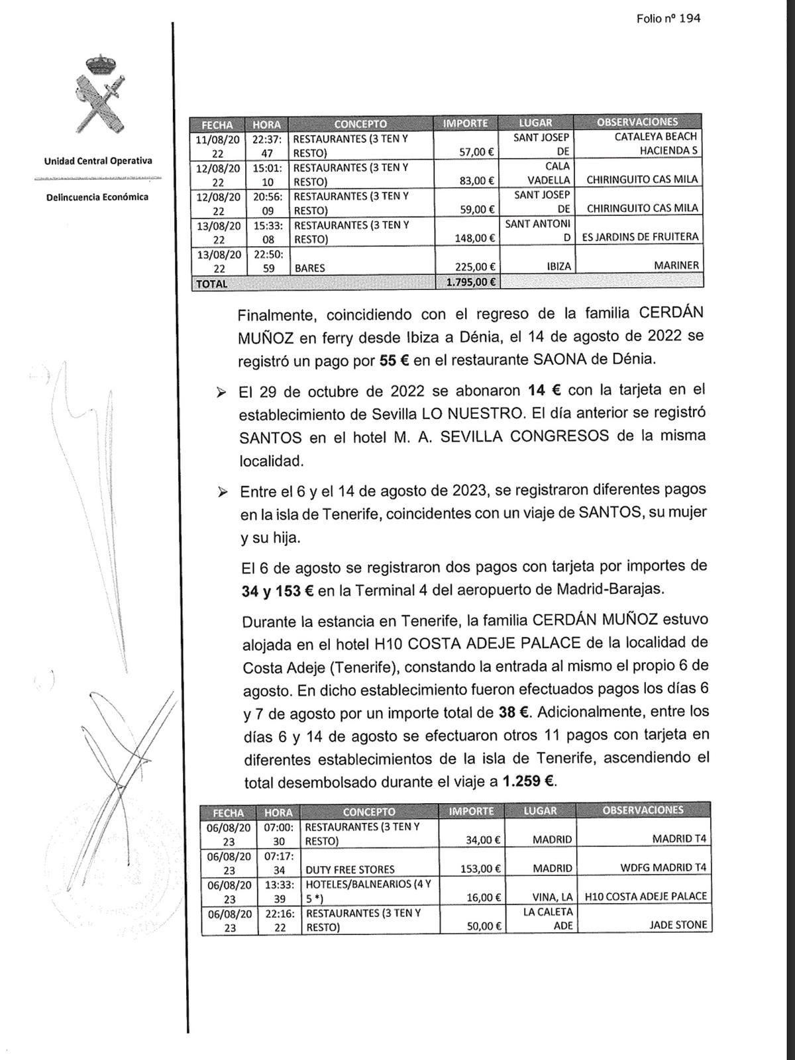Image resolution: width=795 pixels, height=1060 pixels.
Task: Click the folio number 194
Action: click(668, 19)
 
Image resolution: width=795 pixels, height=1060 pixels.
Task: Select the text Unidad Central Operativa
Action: click(98, 161)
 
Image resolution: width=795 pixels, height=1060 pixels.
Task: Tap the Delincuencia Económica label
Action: click(97, 197)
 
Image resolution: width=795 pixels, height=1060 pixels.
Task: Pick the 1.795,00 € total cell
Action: click(467, 283)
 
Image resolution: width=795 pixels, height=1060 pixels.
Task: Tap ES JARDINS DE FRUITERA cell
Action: click(640, 237)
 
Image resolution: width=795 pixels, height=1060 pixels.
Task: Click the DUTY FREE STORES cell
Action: click(348, 869)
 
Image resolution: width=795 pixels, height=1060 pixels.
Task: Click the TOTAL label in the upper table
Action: click(212, 283)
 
